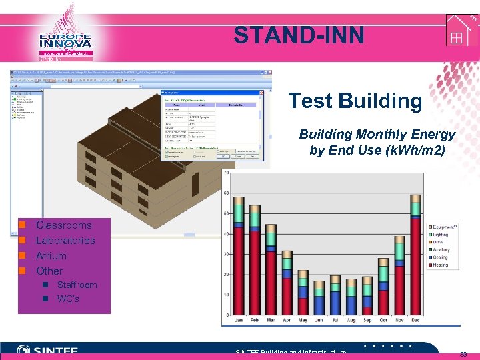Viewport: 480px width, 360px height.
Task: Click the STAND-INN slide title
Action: (299, 35)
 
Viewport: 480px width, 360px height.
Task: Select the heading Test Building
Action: (355, 101)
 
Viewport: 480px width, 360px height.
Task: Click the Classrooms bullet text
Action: (63, 225)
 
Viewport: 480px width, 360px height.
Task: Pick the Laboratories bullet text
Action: (65, 241)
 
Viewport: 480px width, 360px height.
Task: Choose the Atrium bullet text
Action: (51, 256)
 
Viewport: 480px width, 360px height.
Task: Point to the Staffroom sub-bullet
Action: (77, 285)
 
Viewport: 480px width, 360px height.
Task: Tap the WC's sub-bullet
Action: (68, 299)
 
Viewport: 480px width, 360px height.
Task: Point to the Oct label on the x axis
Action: (383, 321)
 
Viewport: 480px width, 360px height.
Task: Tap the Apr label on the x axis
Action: (287, 321)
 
